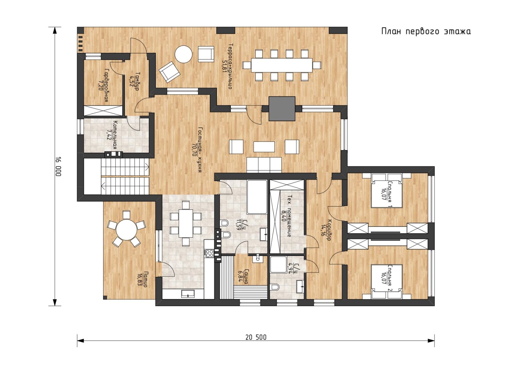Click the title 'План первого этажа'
click(426, 32)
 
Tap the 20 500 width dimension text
click(256, 338)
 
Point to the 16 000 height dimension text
click(58, 167)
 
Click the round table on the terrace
click(183, 54)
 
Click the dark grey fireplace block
click(282, 109)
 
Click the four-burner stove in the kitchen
click(209, 253)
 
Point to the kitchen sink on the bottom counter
click(188, 294)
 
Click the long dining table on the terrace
click(282, 65)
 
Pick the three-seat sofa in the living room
click(264, 165)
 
